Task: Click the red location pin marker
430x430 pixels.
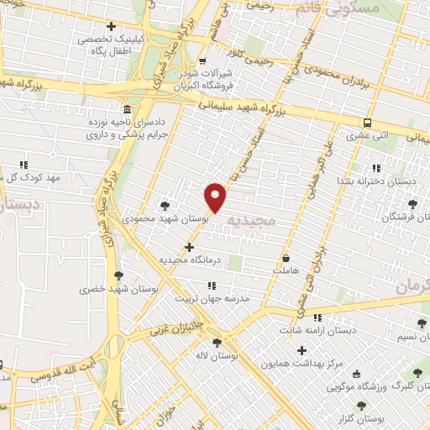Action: coord(216,197)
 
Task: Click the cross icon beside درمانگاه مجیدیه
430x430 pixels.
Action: coord(190,247)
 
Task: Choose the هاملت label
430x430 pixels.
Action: coord(286,271)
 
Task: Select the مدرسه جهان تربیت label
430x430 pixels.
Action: coord(213,298)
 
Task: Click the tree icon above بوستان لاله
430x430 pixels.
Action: coord(218,343)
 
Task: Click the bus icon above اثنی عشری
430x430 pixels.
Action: coord(368,121)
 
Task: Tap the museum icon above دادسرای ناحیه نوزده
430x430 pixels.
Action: coord(126,110)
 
